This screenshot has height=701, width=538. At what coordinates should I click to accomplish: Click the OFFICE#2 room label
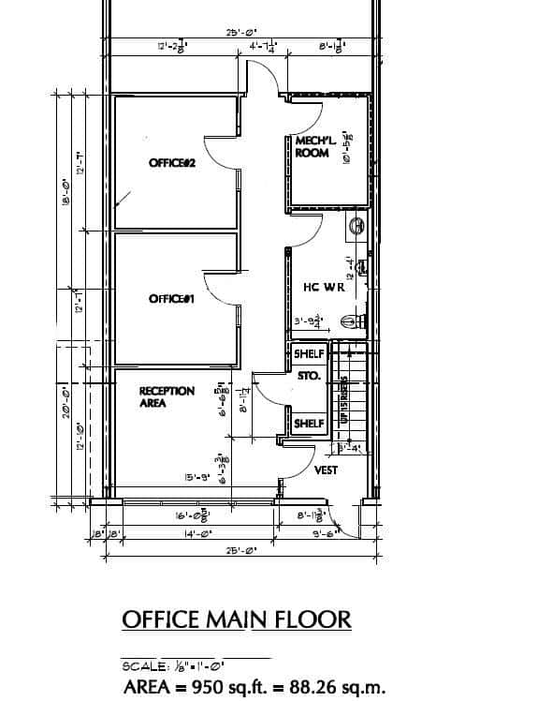click(x=171, y=164)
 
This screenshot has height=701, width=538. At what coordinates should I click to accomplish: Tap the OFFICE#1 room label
click(x=171, y=299)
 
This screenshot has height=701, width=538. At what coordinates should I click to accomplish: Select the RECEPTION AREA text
click(x=167, y=397)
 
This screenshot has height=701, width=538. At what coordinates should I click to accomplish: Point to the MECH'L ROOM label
click(x=312, y=147)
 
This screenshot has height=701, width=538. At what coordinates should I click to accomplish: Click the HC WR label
click(x=324, y=288)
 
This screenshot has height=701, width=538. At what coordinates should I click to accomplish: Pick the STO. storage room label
click(x=309, y=376)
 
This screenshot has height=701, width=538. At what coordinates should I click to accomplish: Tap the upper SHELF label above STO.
click(x=309, y=354)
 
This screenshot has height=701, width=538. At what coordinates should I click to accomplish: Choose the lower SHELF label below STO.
click(x=309, y=424)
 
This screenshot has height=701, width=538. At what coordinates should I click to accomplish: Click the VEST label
click(x=326, y=470)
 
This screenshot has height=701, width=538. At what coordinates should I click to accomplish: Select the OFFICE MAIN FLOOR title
click(x=237, y=619)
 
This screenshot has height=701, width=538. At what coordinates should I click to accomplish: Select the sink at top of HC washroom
click(x=356, y=226)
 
